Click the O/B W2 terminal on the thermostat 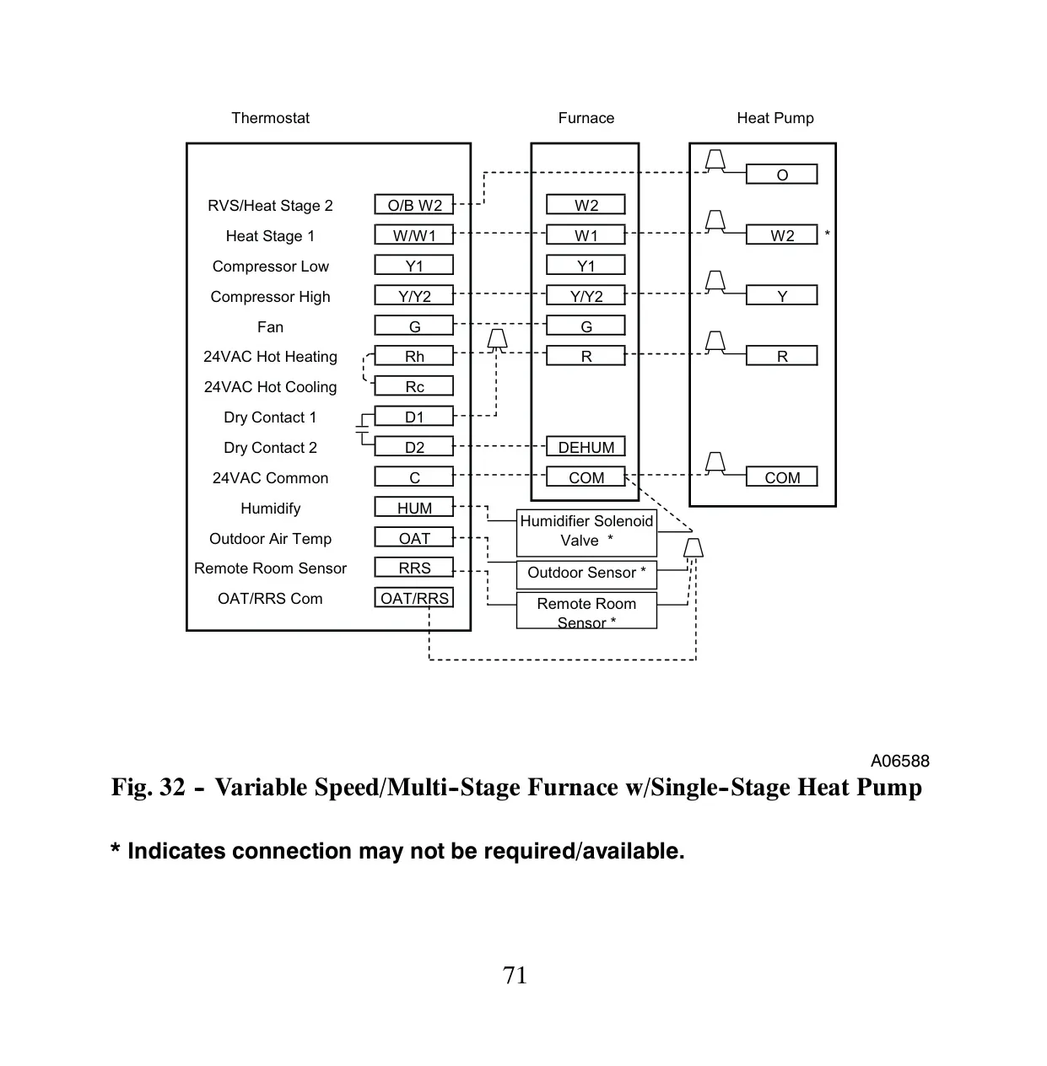point(413,204)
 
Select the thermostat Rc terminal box point(413,385)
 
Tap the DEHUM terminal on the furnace point(586,446)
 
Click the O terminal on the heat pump point(781,174)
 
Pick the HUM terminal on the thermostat point(413,507)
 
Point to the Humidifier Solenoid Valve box point(586,532)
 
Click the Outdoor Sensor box point(586,575)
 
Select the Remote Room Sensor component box point(586,611)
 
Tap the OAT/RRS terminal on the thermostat point(413,597)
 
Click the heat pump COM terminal point(781,476)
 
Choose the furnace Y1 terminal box point(586,265)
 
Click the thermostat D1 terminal point(413,416)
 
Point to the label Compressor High point(270,297)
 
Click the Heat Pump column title point(775,118)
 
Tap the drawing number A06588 point(899,761)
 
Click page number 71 point(515,975)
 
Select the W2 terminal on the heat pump point(781,234)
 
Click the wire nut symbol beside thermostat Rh point(497,339)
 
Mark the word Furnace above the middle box point(586,118)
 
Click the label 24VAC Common point(270,477)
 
